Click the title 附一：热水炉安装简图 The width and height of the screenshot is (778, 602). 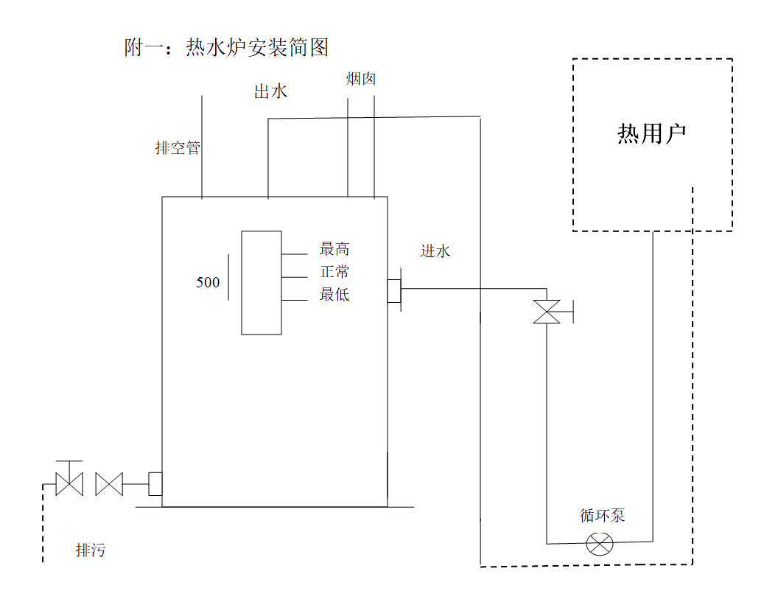[x=226, y=48]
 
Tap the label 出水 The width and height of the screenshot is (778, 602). [x=270, y=91]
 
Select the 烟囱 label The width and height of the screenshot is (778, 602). [x=362, y=78]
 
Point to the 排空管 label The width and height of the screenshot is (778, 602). [x=178, y=148]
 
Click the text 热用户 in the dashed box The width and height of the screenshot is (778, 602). [x=651, y=133]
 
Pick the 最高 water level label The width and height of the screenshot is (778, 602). [x=334, y=249]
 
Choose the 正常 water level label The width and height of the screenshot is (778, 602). [x=334, y=272]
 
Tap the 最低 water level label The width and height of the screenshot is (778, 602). [x=334, y=295]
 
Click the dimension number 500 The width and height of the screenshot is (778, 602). [x=208, y=282]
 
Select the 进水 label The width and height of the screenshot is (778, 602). [x=435, y=251]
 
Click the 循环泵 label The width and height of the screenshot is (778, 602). [x=602, y=516]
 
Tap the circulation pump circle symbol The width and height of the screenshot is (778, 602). [x=600, y=545]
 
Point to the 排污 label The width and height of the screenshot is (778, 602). [x=91, y=550]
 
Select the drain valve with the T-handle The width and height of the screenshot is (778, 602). [x=69, y=483]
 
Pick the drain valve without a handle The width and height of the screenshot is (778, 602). [x=109, y=484]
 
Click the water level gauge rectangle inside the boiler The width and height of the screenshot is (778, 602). [x=262, y=282]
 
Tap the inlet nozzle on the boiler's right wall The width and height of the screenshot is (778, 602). [x=394, y=290]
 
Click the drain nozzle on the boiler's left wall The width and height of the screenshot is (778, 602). [x=155, y=484]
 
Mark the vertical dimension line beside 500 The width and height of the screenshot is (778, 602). [x=228, y=276]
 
